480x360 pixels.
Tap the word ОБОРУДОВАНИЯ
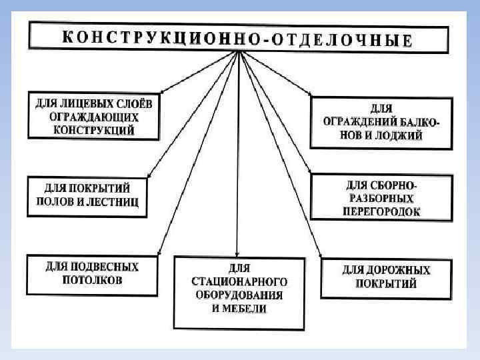(239, 294)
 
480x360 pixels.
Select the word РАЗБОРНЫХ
(382, 198)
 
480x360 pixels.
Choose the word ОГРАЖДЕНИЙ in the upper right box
(361, 121)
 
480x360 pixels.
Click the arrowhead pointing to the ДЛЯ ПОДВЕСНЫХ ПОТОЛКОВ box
(157, 253)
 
